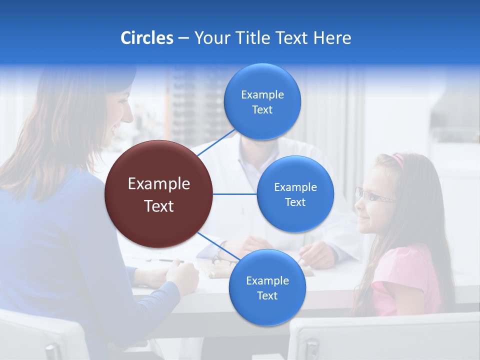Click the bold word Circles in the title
tap(146, 38)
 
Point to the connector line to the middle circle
tap(234, 194)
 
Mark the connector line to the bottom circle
tap(215, 244)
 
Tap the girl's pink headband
tap(398, 160)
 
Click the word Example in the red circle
tap(158, 183)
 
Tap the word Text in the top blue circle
tap(262, 109)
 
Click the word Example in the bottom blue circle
tap(267, 280)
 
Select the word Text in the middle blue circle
tap(295, 202)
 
